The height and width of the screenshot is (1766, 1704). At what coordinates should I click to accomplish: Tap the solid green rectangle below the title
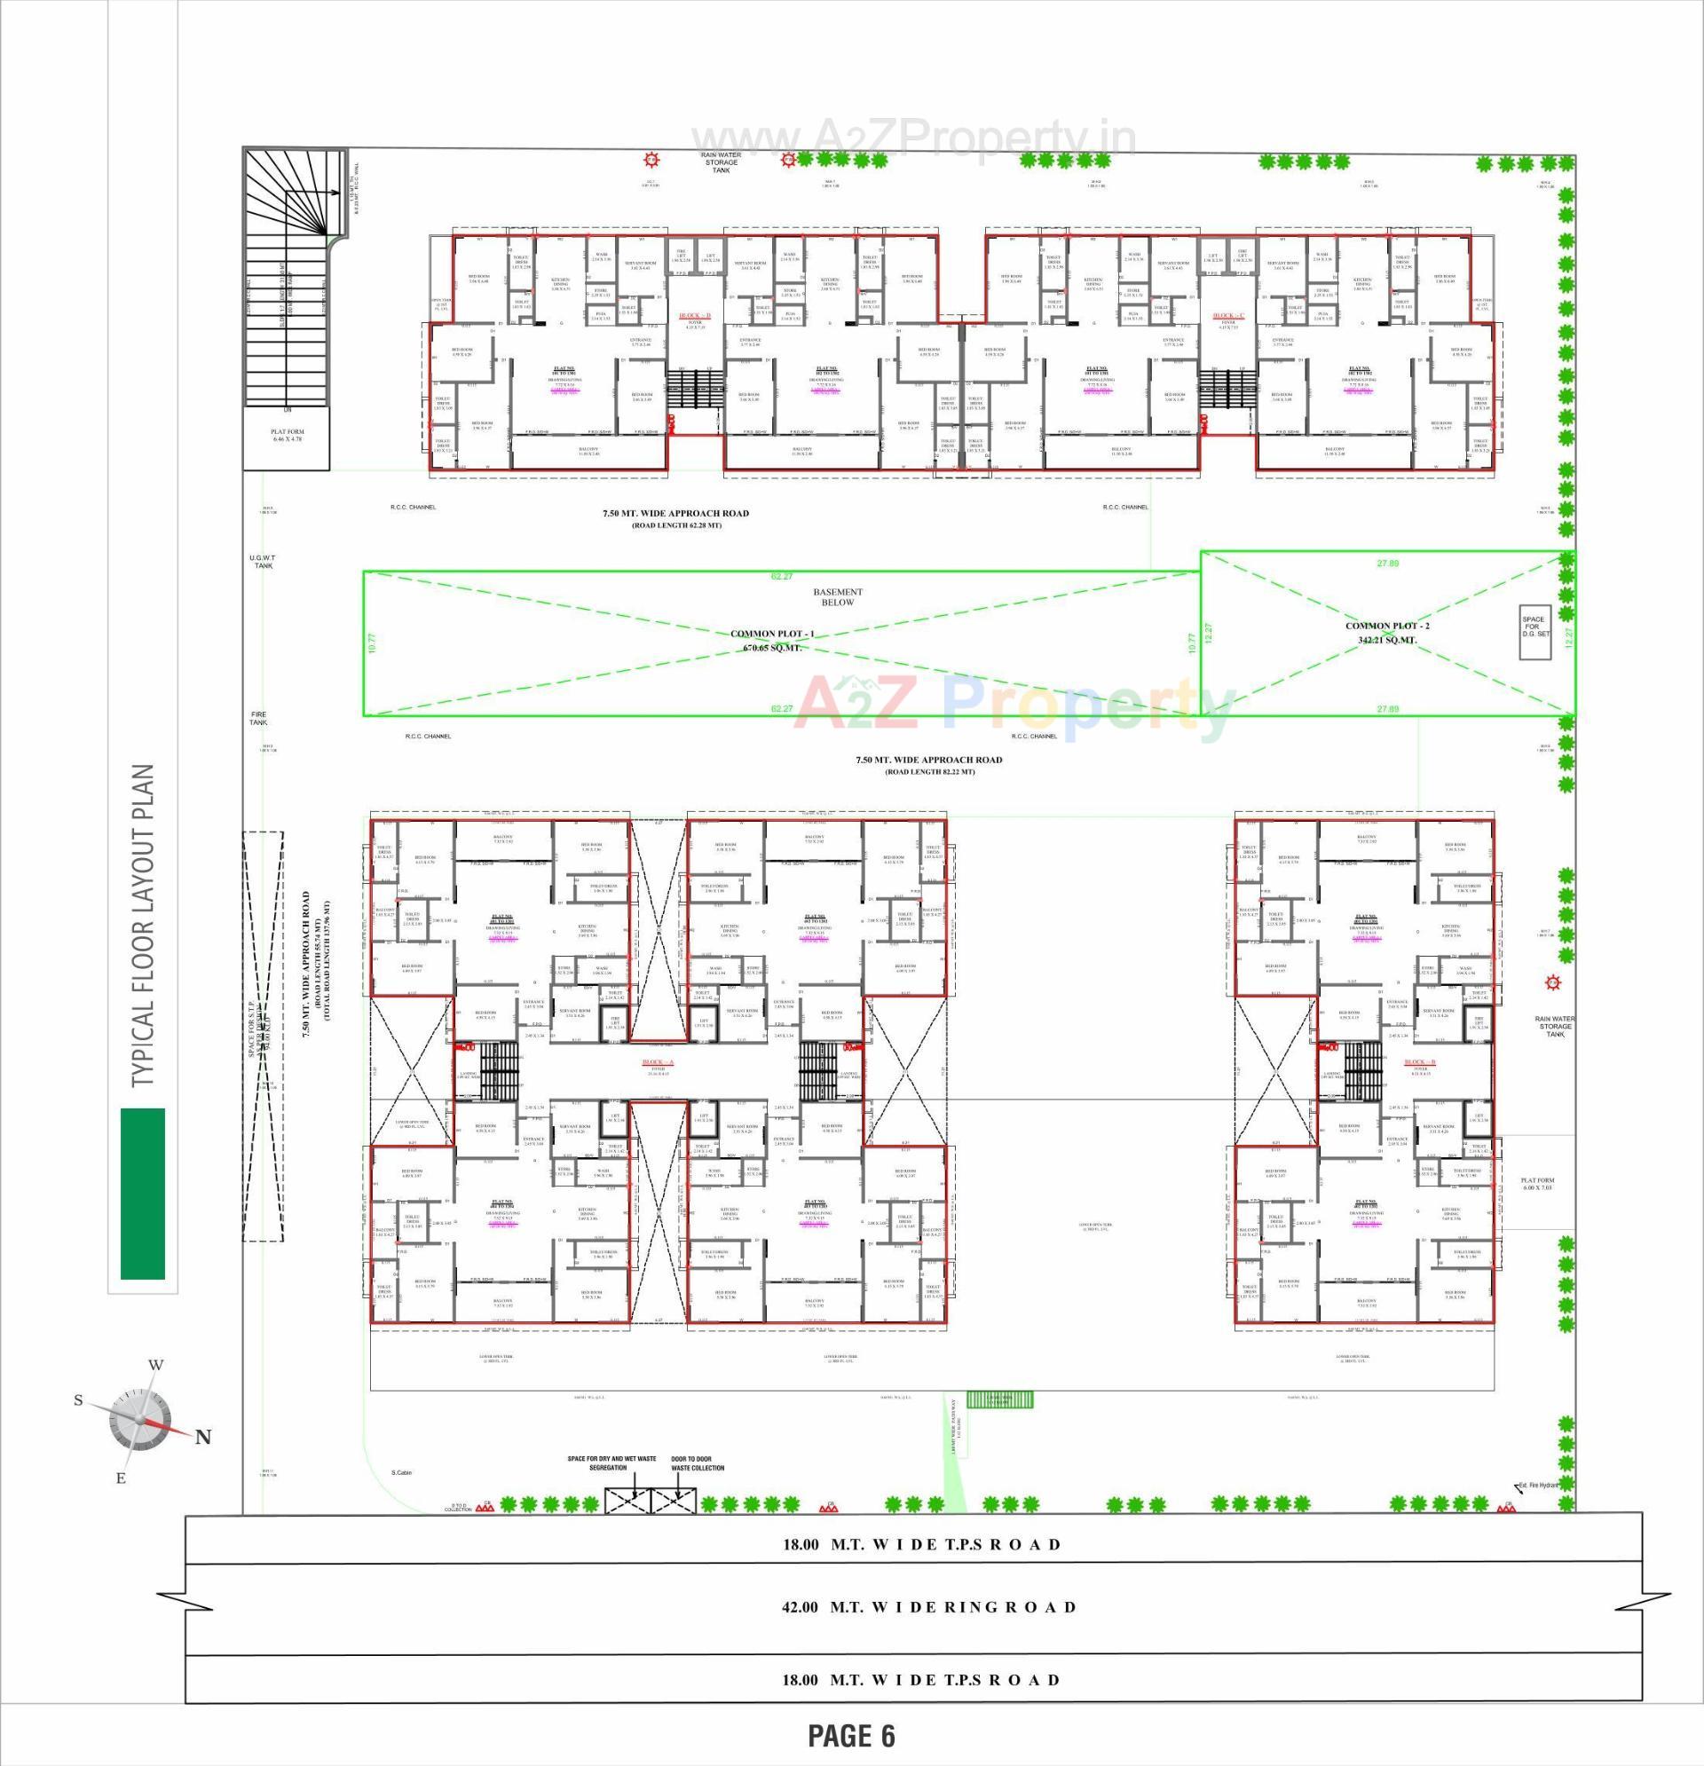[142, 1193]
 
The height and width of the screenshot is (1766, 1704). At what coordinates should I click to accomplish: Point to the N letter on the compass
[203, 1437]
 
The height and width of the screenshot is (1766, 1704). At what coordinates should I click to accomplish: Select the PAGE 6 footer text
[850, 1734]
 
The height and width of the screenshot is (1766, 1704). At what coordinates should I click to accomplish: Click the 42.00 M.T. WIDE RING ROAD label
[928, 1606]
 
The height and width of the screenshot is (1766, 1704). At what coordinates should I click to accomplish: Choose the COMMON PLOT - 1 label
[771, 634]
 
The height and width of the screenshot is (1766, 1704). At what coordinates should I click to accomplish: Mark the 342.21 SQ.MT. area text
[1387, 640]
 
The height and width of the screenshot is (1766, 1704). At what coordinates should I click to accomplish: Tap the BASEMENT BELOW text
[837, 596]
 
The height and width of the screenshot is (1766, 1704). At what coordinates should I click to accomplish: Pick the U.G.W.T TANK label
[263, 562]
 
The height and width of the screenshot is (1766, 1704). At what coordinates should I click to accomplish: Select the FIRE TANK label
[258, 718]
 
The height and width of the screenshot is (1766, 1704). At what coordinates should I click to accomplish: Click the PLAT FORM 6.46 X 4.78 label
[287, 436]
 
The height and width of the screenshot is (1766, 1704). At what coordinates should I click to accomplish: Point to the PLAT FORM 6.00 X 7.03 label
[1537, 1184]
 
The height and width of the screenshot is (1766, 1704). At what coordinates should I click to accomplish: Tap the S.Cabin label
[401, 1472]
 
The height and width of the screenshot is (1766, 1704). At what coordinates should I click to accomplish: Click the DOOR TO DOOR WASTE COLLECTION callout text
[698, 1463]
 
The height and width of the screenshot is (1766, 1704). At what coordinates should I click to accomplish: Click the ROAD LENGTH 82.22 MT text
[929, 771]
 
